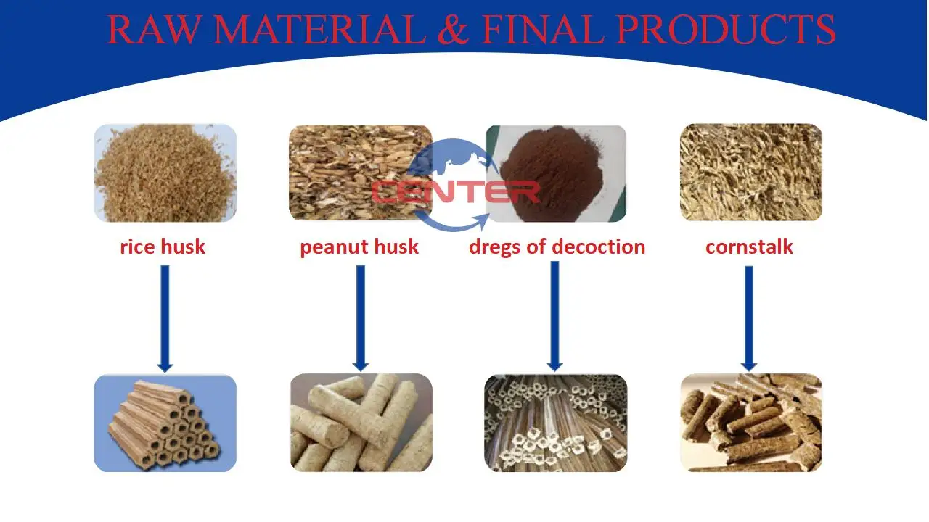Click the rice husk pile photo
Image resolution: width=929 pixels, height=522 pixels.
[x=165, y=173]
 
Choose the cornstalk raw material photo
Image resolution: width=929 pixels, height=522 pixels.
[x=750, y=173]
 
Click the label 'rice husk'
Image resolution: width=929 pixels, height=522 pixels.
[x=163, y=246]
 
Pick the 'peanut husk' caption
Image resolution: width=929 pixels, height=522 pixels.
[x=359, y=246]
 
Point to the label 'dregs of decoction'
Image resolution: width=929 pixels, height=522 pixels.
[x=557, y=246]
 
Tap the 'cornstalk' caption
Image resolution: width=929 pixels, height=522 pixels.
[x=749, y=246]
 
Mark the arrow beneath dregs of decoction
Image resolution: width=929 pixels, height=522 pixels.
[x=555, y=316]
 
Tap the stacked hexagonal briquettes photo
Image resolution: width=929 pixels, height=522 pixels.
[x=165, y=423]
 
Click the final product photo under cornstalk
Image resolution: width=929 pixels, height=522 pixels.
[x=750, y=423]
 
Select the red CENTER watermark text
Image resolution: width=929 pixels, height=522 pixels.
[x=455, y=193]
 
